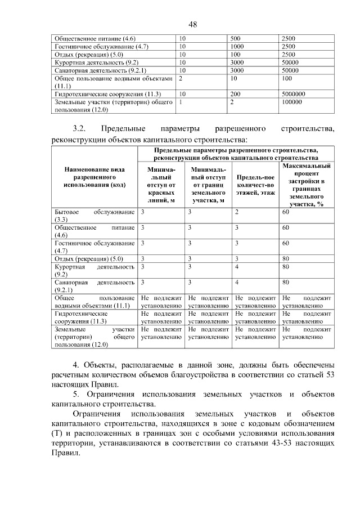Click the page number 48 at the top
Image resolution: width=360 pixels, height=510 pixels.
coord(192,24)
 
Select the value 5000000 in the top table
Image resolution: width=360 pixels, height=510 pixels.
coord(294,94)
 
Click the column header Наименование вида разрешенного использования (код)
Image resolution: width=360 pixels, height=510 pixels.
coord(94,177)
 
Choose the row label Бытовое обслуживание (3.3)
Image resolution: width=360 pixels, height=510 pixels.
coord(94,215)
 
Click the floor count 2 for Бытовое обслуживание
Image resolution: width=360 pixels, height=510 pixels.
coord(237,212)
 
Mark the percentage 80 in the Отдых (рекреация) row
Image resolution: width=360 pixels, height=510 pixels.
coord(286,258)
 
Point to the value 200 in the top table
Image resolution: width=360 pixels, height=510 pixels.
coord(235,94)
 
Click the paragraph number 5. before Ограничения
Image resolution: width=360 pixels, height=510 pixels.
coord(77,394)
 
